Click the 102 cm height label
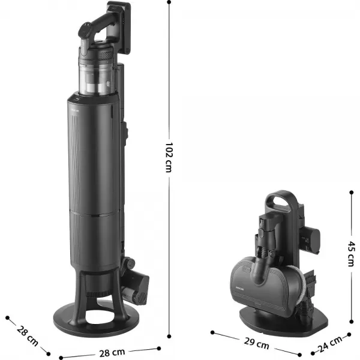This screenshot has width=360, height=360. (x=169, y=157)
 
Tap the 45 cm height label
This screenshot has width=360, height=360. (x=351, y=254)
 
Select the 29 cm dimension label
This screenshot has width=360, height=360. (x=256, y=343)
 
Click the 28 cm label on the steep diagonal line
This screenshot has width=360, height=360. (x=28, y=335)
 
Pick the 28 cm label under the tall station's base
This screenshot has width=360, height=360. (x=112, y=353)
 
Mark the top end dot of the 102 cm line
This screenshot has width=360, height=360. (x=169, y=2)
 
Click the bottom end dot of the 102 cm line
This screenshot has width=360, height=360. (x=169, y=337)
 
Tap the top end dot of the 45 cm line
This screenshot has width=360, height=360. (x=352, y=193)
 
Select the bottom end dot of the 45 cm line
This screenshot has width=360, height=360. (x=352, y=322)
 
